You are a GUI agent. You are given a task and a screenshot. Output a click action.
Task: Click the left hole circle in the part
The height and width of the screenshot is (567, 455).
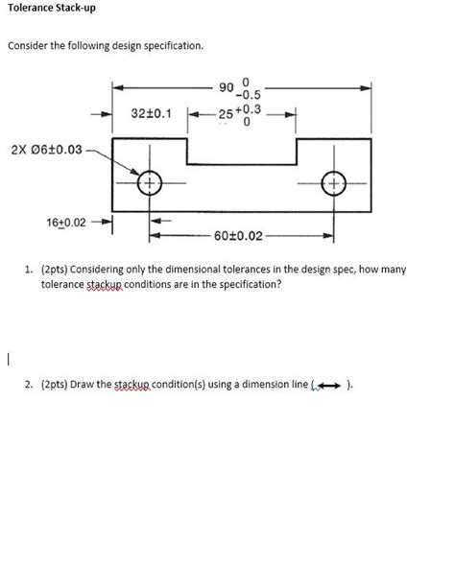point(137,183)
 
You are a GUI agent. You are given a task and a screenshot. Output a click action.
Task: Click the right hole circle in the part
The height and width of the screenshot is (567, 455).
point(322,183)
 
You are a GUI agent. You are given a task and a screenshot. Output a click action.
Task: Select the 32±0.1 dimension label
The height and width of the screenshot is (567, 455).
point(151,113)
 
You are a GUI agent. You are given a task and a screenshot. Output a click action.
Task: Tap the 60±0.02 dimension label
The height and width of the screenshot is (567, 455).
point(238,236)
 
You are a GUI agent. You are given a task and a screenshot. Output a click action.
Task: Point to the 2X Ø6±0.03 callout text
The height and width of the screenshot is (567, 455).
point(47,150)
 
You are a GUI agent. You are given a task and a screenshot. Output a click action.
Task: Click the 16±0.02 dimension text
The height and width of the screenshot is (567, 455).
point(66,223)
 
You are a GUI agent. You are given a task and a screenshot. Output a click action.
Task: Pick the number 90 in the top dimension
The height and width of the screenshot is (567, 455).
point(226,87)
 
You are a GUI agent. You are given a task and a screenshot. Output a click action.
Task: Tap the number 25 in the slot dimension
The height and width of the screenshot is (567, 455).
point(226,114)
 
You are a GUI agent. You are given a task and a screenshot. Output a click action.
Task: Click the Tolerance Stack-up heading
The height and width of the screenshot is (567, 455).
point(52,8)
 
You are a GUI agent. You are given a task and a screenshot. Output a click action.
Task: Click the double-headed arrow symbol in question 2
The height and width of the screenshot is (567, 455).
point(330,386)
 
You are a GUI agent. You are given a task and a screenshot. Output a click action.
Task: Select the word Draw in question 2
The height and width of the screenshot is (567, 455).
point(79,384)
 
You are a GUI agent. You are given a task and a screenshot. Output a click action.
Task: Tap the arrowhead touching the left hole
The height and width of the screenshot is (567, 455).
point(134,171)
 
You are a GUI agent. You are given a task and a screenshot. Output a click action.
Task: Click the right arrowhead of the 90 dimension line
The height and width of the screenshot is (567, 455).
point(365,88)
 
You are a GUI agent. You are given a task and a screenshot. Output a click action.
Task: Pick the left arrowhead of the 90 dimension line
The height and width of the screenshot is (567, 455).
point(118,87)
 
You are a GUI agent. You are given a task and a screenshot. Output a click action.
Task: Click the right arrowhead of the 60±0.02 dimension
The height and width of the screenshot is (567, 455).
point(327,237)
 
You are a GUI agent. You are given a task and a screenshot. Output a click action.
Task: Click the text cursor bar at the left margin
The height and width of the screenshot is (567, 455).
point(8,360)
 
